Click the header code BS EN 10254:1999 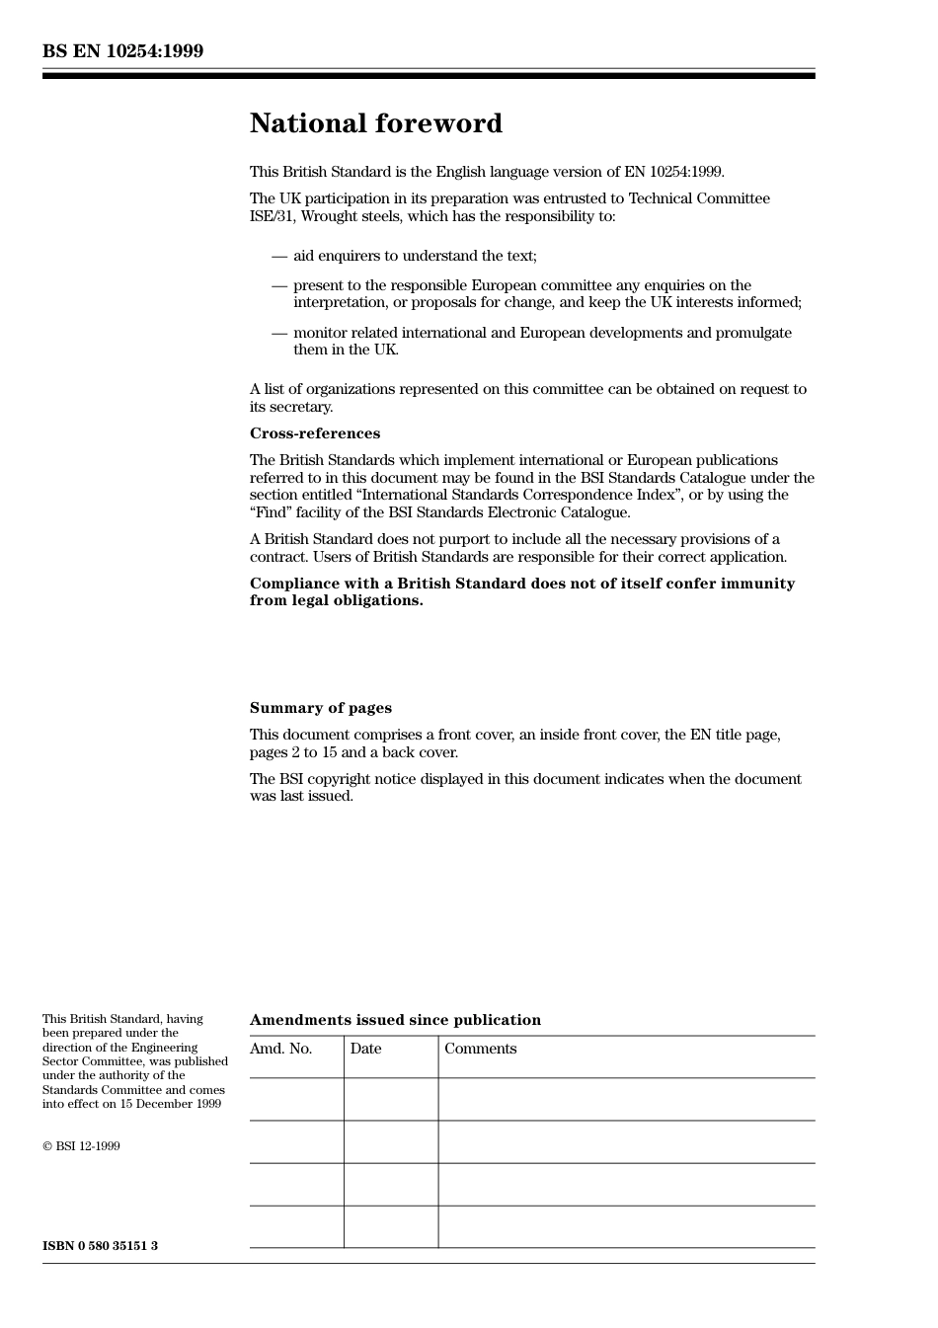tap(122, 51)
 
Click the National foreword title tap(375, 123)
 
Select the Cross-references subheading tap(314, 433)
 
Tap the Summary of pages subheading tap(320, 708)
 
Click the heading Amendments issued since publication tap(395, 1020)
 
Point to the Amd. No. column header tap(280, 1049)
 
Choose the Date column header tap(365, 1049)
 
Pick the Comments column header tap(480, 1049)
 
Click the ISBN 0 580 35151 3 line tap(100, 1245)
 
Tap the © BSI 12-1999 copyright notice tap(81, 1146)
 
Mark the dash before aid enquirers tap(279, 257)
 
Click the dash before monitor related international tap(279, 334)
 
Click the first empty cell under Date tap(391, 1099)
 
